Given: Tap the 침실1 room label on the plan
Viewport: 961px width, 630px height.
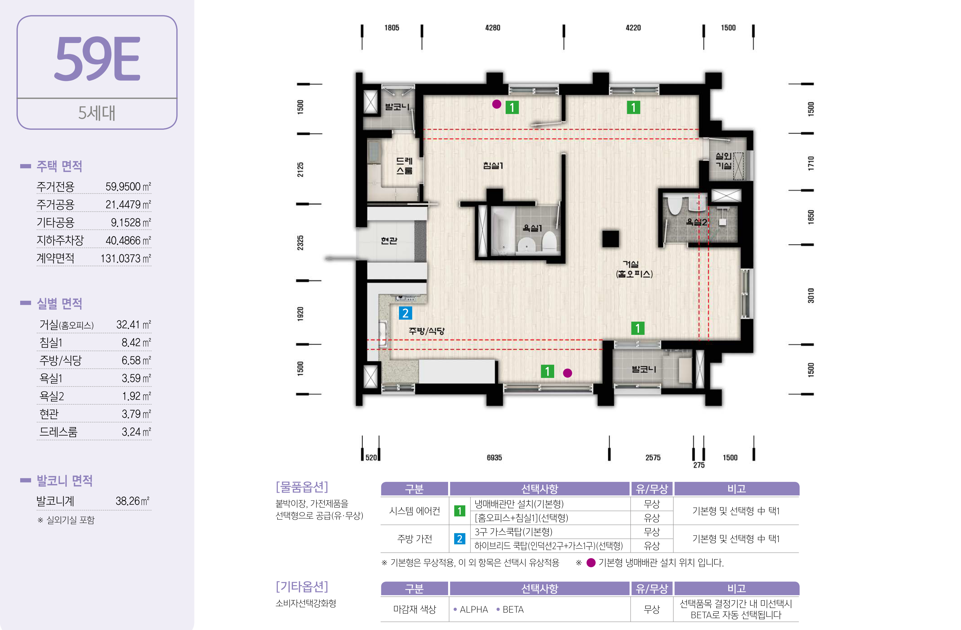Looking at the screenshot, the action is click(493, 165).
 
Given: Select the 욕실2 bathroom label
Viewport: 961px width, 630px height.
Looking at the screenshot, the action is click(696, 222).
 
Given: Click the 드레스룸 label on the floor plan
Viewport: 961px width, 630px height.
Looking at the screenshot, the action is click(404, 166).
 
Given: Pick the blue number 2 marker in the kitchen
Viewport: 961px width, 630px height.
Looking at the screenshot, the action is click(405, 313).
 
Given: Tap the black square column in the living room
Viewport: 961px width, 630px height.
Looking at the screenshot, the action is click(611, 239).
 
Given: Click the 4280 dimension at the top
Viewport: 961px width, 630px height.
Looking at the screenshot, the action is click(493, 28).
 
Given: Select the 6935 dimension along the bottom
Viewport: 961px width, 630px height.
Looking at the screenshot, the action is click(494, 458).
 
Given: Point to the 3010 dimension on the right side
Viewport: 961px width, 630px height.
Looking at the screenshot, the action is click(811, 296).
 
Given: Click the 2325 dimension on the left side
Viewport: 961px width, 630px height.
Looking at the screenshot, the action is click(300, 243).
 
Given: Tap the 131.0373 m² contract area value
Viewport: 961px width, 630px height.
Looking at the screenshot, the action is click(126, 259).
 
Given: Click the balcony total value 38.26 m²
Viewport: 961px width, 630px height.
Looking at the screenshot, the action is click(132, 501).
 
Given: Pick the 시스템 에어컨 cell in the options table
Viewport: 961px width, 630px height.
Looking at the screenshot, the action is click(414, 511).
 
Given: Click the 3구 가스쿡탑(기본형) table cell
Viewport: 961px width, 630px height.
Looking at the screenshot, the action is click(513, 532).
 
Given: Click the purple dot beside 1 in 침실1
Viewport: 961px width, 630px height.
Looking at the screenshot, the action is click(497, 104).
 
